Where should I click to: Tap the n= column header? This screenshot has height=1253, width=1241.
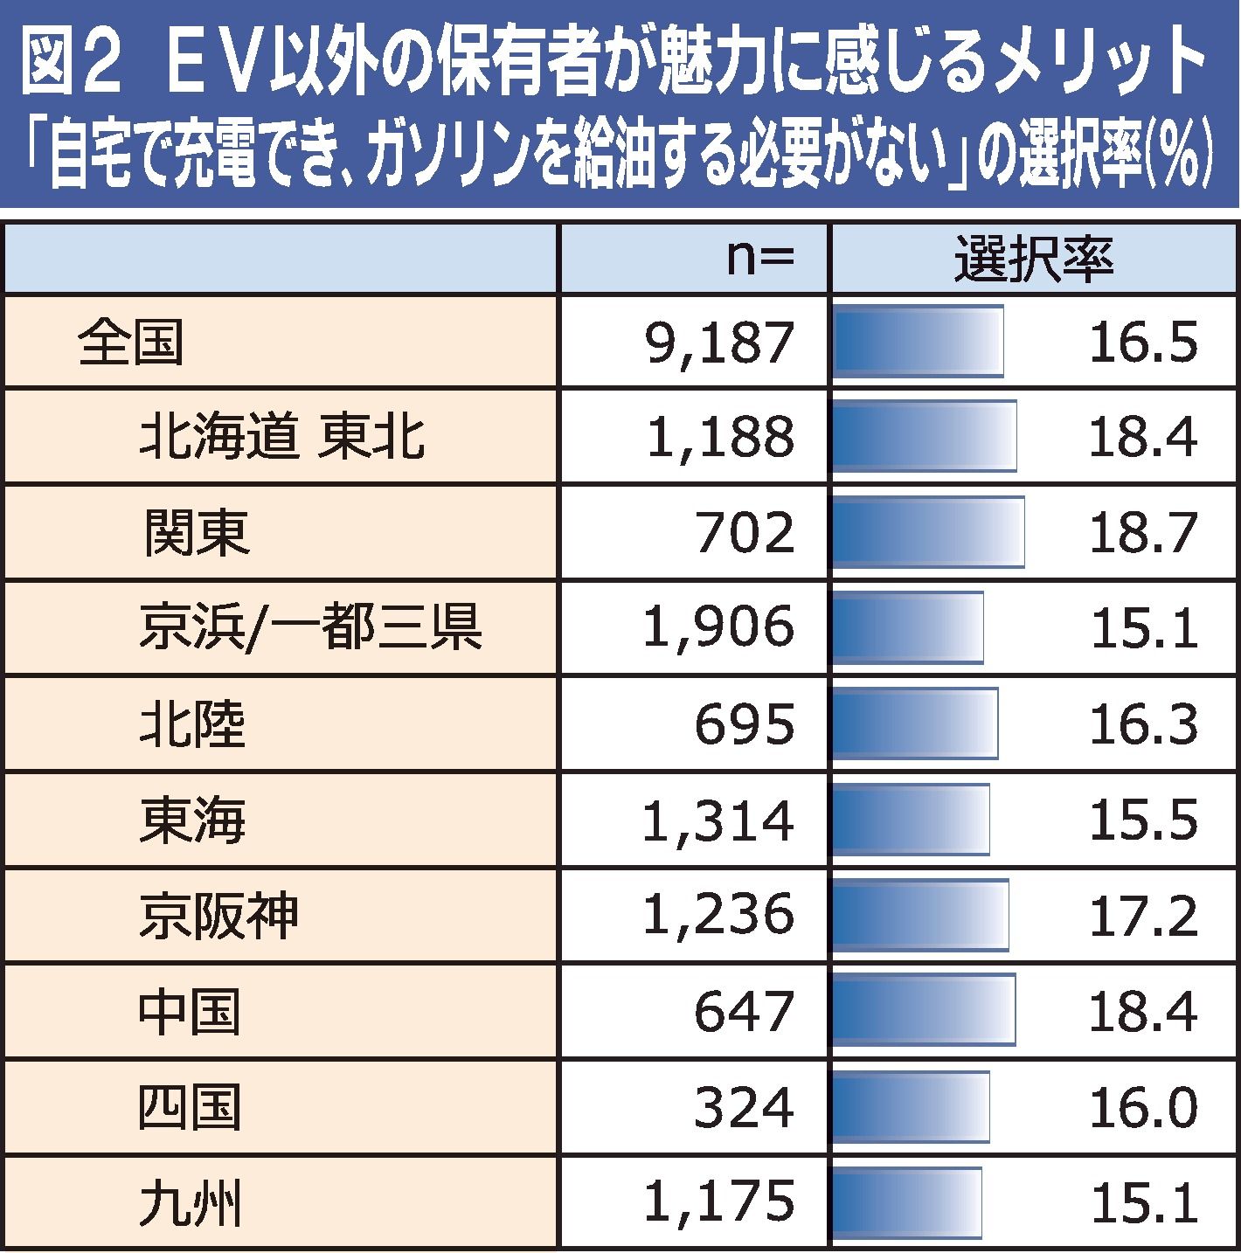tap(759, 260)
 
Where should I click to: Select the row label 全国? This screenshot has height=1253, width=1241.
tap(130, 343)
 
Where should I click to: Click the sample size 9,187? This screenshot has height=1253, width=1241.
tap(719, 343)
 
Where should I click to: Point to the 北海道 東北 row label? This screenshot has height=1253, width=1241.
tap(282, 437)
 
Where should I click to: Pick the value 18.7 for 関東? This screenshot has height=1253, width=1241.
tap(1142, 532)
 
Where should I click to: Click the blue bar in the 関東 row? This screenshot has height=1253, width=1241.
tap(927, 532)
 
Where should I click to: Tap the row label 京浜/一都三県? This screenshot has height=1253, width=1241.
tap(310, 627)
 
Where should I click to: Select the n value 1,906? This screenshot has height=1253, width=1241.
tap(719, 627)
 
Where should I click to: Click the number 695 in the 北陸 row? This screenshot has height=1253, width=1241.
tap(745, 723)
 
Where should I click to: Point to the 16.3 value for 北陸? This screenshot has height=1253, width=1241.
tap(1142, 723)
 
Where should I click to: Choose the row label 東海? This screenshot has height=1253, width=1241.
tap(192, 820)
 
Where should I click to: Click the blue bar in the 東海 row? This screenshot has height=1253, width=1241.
tap(911, 820)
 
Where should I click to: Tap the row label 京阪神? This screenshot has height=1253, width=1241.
tap(218, 915)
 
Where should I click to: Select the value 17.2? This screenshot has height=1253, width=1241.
tap(1142, 915)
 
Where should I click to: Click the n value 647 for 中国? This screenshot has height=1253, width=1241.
tap(745, 1011)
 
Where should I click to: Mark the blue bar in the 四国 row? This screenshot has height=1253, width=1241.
tap(911, 1107)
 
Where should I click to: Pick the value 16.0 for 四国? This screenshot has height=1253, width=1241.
tap(1142, 1107)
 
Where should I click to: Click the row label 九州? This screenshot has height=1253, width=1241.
tap(190, 1202)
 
